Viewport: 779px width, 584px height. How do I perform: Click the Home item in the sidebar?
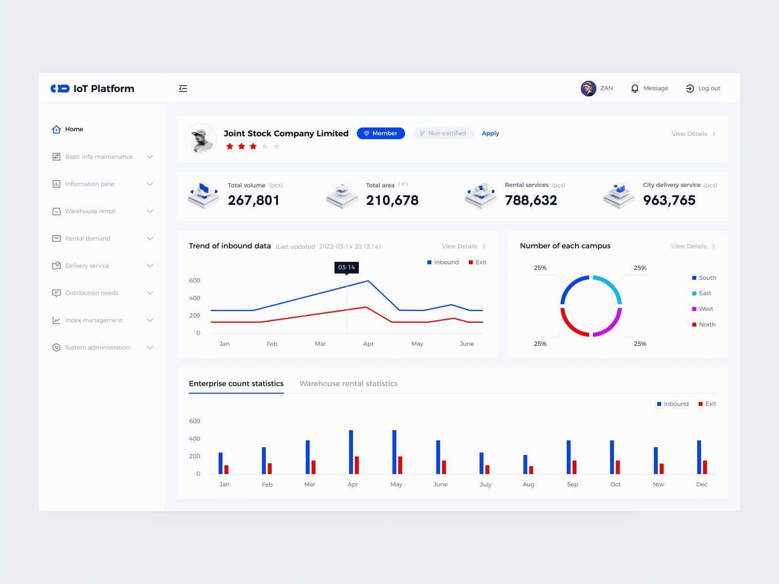74,129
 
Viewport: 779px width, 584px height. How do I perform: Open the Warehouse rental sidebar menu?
91,211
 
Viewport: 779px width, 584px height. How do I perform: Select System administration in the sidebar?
97,347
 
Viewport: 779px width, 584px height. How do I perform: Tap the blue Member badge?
381,133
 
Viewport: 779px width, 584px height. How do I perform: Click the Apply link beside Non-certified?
490,133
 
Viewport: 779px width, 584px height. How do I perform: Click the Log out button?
703,89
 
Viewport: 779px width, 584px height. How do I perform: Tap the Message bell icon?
635,89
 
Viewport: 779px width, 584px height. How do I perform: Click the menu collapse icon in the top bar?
183,89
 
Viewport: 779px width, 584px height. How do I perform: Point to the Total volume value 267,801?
254,200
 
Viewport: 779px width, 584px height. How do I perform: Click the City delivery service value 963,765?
669,200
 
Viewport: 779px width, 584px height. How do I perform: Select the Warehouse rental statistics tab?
348,383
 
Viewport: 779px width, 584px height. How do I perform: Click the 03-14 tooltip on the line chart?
347,268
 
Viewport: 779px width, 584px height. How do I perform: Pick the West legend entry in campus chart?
705,309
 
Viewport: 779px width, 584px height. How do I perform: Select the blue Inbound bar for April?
351,452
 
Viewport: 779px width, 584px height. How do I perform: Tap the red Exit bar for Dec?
705,467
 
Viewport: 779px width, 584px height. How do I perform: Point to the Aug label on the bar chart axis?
528,485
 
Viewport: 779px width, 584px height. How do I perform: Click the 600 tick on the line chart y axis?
195,281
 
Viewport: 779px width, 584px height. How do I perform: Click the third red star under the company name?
253,146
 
